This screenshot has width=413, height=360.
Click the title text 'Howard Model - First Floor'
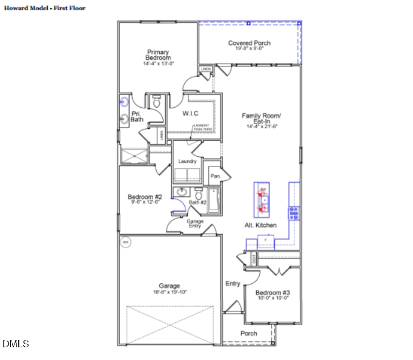point(45,8)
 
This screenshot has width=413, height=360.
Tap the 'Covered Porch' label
point(249,43)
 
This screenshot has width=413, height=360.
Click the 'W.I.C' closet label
point(191,113)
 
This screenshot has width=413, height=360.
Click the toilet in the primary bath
point(156,103)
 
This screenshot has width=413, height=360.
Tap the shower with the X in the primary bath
point(134,156)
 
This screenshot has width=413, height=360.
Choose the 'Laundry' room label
point(187,162)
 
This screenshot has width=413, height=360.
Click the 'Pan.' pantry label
point(214,176)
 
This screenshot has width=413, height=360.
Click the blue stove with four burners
point(294,212)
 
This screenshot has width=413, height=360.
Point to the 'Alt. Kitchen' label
point(262,225)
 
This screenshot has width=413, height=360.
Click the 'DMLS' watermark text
point(16,344)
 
